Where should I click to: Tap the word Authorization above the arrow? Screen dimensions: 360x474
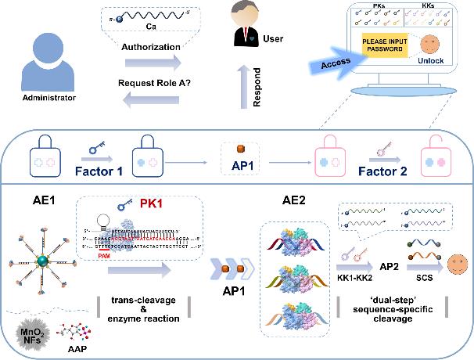tap(151, 46)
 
